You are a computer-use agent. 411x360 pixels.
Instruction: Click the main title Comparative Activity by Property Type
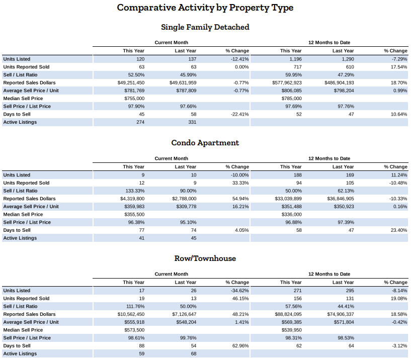tap(205, 8)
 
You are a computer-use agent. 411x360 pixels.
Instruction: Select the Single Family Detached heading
tap(205, 27)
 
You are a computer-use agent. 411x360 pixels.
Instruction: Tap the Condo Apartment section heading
tap(205, 143)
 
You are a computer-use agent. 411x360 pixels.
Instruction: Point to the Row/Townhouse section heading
tap(205, 258)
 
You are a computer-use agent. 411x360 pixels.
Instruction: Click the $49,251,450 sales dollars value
tap(131, 82)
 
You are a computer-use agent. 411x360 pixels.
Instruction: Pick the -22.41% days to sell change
tap(238, 114)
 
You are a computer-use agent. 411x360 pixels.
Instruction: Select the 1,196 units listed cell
tap(294, 59)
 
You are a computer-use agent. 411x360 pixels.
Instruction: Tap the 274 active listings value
tap(140, 122)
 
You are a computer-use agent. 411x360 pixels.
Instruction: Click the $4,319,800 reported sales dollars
tap(132, 199)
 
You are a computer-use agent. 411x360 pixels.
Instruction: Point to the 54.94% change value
tap(240, 199)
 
